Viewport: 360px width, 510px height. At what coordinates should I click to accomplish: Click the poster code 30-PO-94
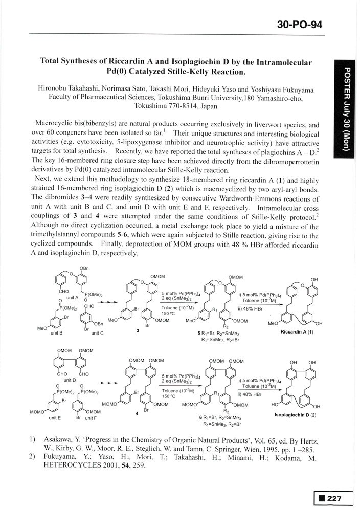[x=300, y=24]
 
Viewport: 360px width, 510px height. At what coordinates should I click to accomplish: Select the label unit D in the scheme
[x=71, y=380]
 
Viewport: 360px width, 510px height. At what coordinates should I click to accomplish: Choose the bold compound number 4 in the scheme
[x=137, y=414]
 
